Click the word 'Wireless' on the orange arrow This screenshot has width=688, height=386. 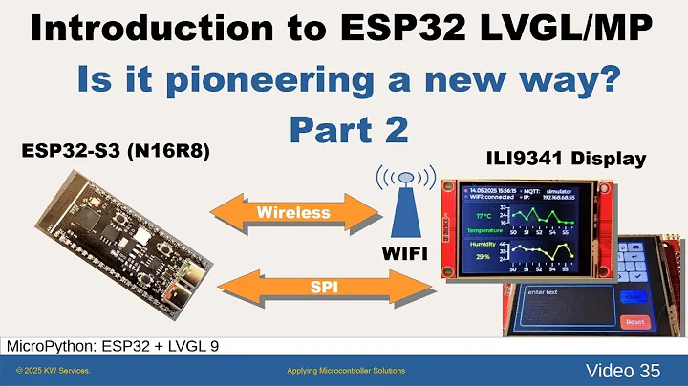294,211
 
